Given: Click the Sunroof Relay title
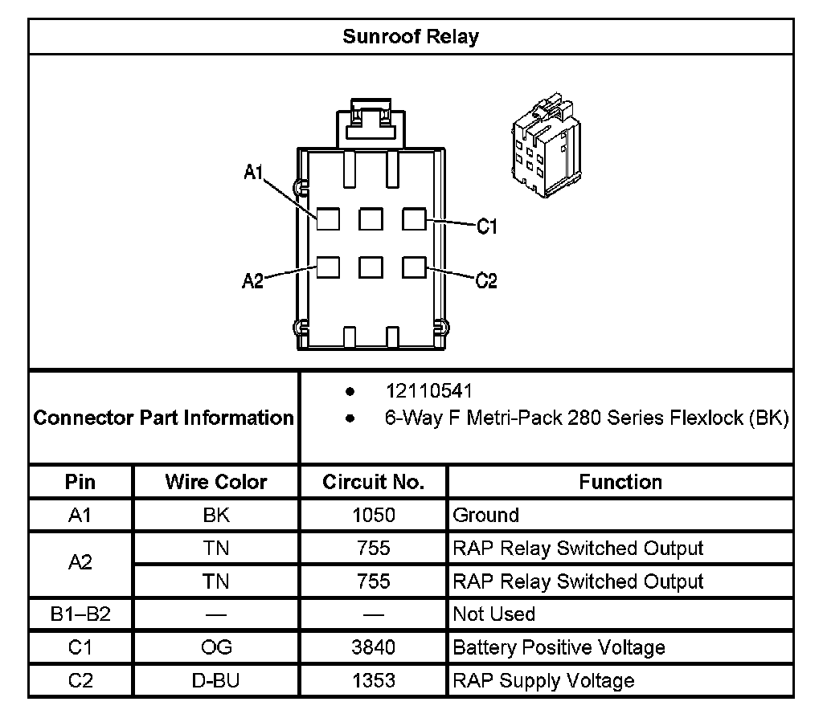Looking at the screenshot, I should click(x=411, y=37).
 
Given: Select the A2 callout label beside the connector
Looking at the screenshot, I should click(x=253, y=281).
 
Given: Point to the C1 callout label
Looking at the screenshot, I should click(x=487, y=227).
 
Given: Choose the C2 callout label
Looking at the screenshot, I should click(x=487, y=281).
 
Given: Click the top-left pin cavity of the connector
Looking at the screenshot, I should click(x=328, y=219).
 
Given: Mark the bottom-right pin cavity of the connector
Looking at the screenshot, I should click(x=413, y=267).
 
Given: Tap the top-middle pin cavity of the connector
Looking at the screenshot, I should click(x=371, y=219).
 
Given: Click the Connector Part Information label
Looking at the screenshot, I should click(x=164, y=418).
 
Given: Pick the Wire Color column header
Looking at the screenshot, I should click(x=215, y=482).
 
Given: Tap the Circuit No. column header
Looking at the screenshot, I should click(x=373, y=482).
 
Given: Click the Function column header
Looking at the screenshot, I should click(x=620, y=482).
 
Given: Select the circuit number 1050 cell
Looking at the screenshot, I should click(x=373, y=515).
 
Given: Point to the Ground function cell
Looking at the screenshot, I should click(x=486, y=515).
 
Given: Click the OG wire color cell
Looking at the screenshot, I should click(x=215, y=647).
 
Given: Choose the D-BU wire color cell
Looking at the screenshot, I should click(x=215, y=680).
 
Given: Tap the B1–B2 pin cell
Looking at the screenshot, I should click(x=80, y=614).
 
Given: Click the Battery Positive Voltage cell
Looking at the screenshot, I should click(x=559, y=647).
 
